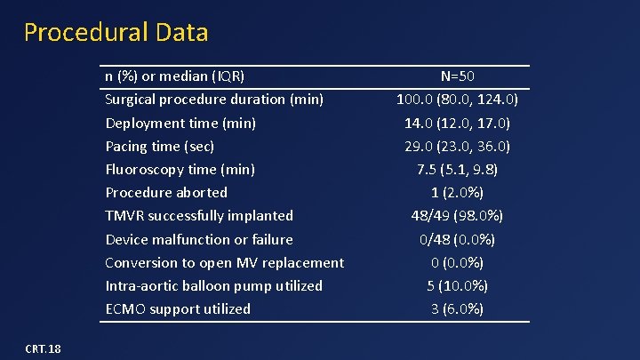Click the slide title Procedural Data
coord(116,33)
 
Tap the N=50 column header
coord(457,76)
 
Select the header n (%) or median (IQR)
coord(174,76)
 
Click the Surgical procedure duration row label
coord(214,99)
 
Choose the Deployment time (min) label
coord(180,123)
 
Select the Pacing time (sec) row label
coord(160,146)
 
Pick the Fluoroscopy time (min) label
coord(180,169)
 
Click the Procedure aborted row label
coord(166,192)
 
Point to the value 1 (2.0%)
coord(457,192)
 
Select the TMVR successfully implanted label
coord(199,215)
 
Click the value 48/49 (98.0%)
coord(457,215)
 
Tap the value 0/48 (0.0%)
coord(457,239)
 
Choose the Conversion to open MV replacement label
coord(224,262)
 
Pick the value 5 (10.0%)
coord(457,285)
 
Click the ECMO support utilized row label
coord(178,308)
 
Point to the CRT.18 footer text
coord(43,348)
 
